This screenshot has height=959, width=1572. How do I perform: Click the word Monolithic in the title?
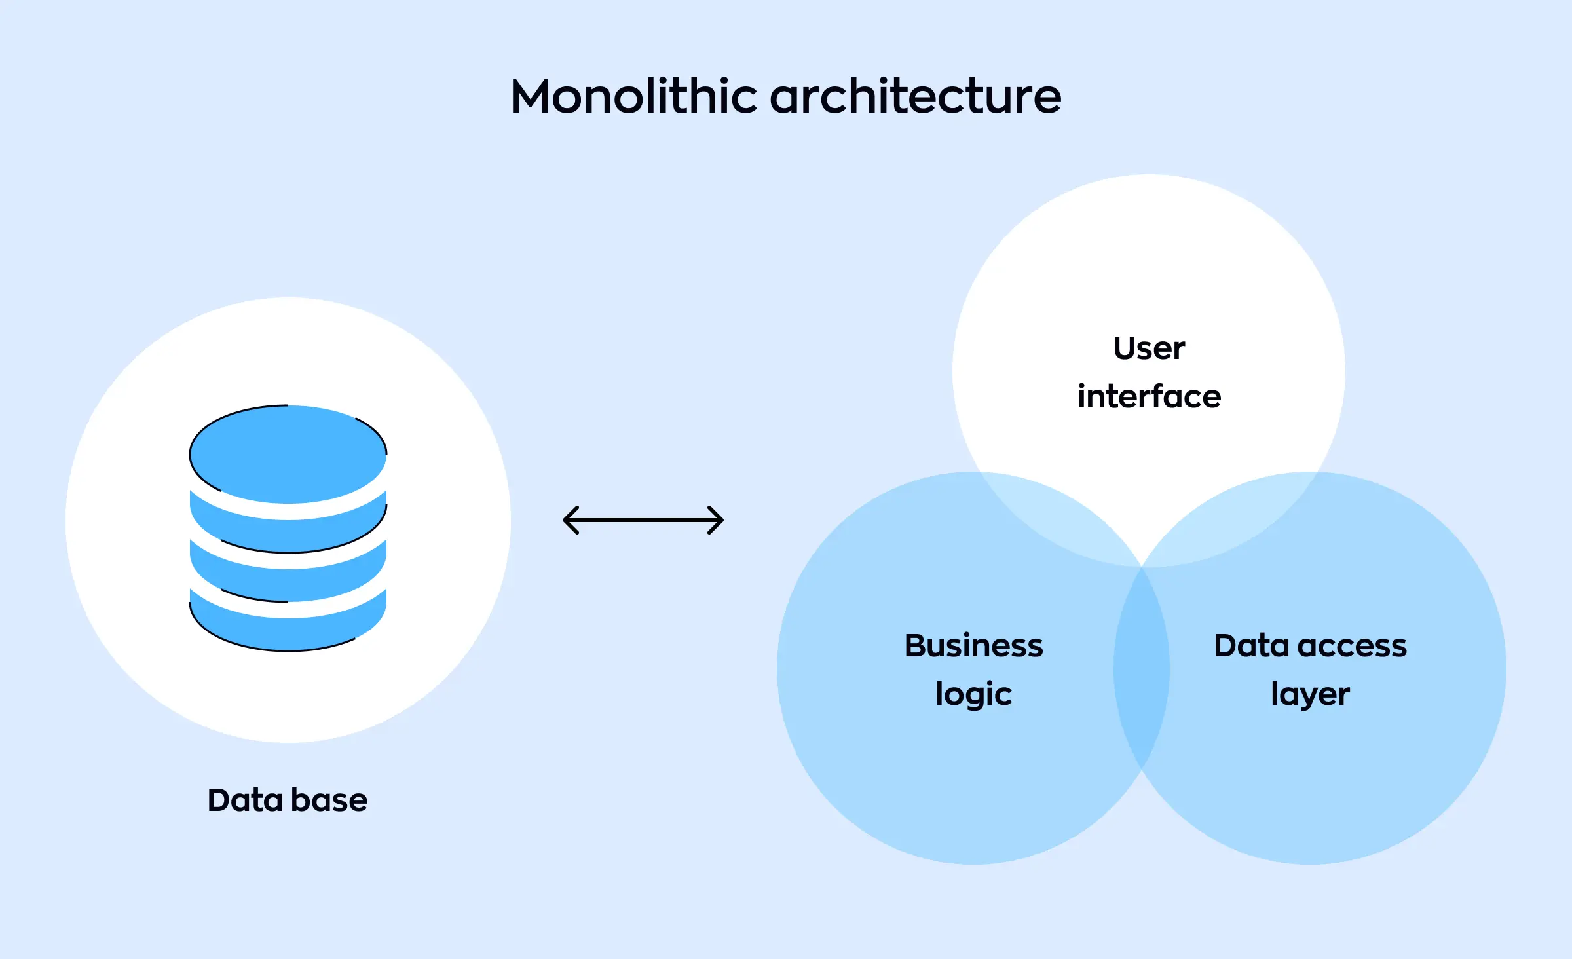click(633, 97)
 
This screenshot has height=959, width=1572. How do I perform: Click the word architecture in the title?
click(915, 97)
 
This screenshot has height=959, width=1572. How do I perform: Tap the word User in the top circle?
click(1149, 348)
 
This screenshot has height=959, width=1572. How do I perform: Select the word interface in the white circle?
click(1149, 397)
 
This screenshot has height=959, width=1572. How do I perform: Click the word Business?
click(973, 646)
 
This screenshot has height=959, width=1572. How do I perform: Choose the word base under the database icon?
click(329, 800)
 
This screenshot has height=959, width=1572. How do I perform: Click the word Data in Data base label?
click(245, 800)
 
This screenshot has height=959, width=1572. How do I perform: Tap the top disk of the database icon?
click(288, 453)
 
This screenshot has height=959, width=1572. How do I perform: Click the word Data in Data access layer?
click(1251, 646)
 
